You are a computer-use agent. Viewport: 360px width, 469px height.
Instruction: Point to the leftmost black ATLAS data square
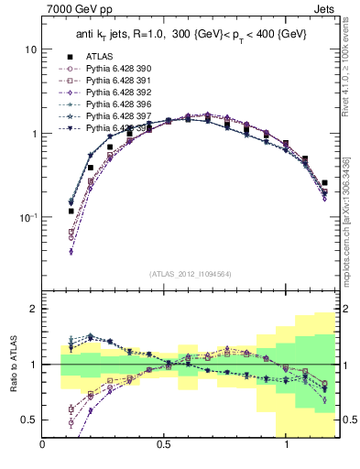pos(71,212)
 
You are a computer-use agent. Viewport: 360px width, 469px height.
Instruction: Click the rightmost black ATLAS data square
pos(324,183)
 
